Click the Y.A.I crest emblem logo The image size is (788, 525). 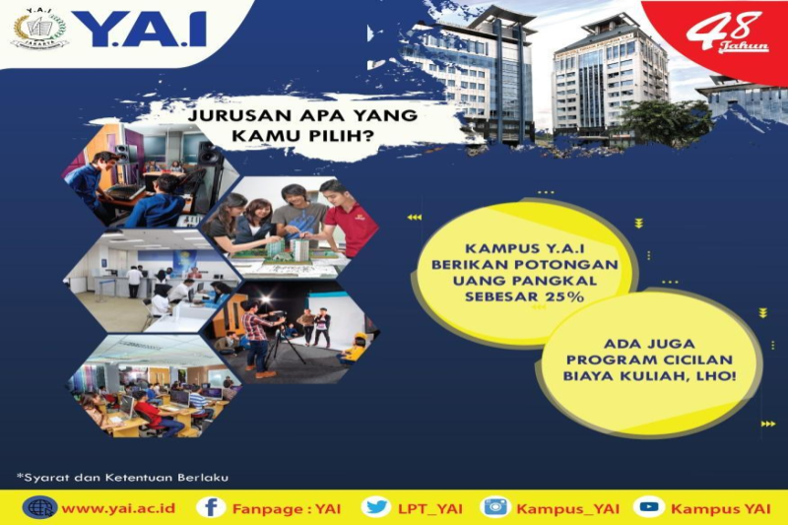pos(39,31)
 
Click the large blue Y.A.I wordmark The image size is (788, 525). pos(145,31)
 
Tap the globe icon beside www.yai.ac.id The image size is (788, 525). pos(40,507)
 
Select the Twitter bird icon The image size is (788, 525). pos(375,507)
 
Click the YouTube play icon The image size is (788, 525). pos(649,507)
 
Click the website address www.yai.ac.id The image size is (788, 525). pos(118,508)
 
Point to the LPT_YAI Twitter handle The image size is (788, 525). pos(430,508)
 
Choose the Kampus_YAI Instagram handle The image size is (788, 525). pos(568,508)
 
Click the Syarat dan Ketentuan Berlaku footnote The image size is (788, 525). pos(122,478)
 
